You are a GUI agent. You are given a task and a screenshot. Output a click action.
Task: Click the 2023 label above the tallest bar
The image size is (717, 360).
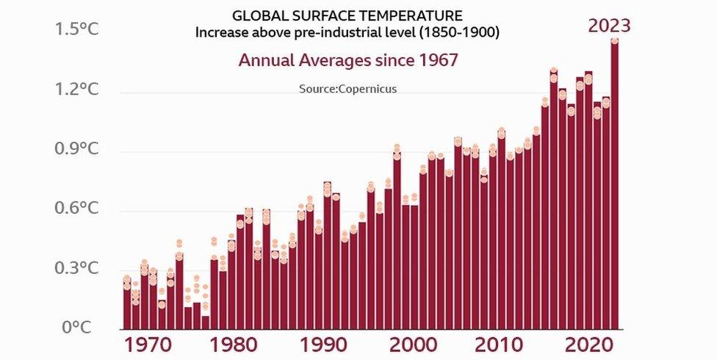(609, 26)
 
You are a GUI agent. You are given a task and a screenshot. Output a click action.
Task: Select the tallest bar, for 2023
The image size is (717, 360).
(614, 184)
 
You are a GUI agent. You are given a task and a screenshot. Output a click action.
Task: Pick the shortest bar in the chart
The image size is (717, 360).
(205, 323)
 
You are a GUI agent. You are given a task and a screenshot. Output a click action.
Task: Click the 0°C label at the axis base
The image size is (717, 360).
(76, 328)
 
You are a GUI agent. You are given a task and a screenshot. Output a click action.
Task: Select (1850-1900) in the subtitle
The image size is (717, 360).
(464, 33)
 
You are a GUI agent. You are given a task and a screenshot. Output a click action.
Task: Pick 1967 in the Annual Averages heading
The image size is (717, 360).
(435, 60)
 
